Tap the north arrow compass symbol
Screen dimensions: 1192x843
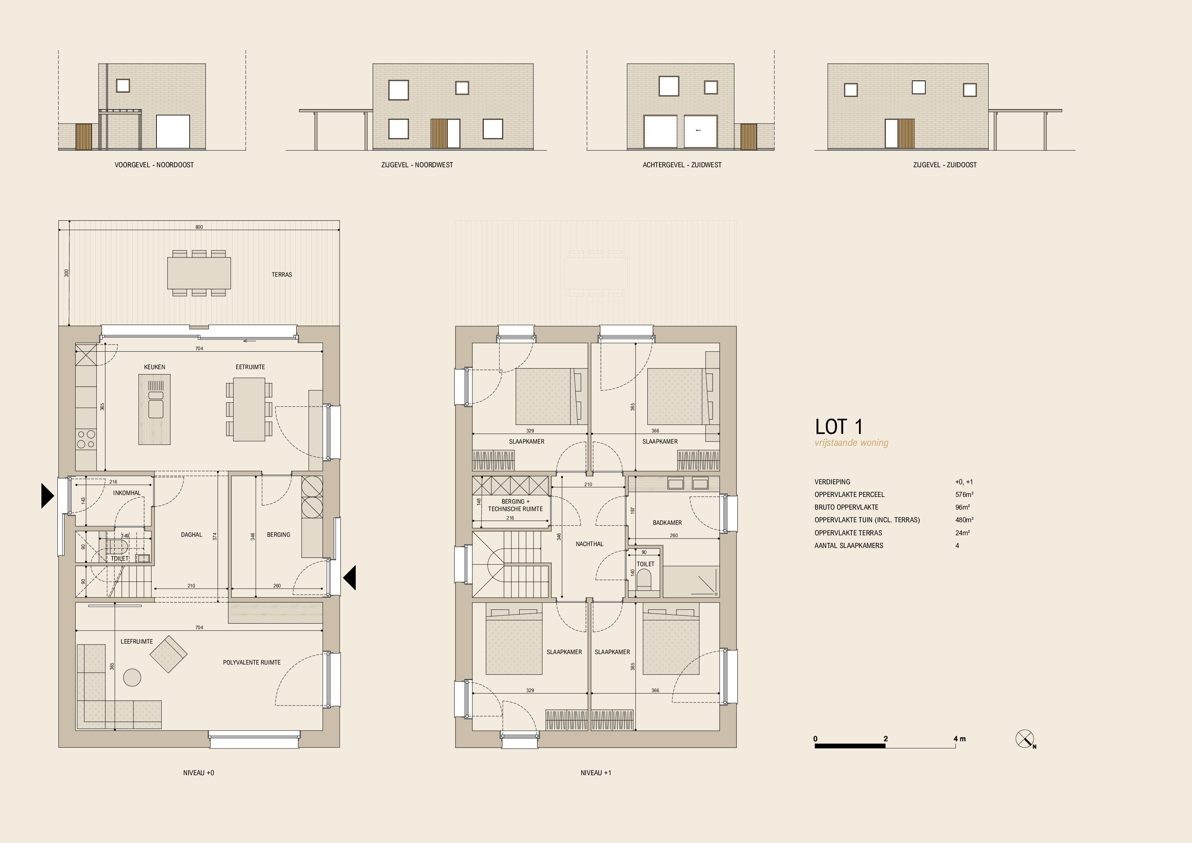[1025, 739]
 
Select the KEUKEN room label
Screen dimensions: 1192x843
[155, 367]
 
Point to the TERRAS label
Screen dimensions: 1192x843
[282, 275]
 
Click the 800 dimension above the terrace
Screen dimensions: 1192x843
[199, 227]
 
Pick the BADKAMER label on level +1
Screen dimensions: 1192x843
[667, 523]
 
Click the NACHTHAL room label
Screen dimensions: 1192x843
[589, 544]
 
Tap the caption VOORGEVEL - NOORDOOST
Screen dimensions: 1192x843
[154, 165]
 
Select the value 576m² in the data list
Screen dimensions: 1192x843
[964, 495]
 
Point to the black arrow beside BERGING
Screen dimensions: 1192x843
[349, 578]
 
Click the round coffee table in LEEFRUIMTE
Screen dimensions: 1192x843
[132, 677]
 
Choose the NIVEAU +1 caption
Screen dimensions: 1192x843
[596, 773]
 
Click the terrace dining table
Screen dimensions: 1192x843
[199, 273]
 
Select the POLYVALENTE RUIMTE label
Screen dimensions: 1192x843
[252, 662]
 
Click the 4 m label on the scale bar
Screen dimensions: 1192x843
[960, 739]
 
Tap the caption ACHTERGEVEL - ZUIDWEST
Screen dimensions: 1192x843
[682, 165]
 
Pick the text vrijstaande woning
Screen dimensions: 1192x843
[852, 443]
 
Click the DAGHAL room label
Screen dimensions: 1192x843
[191, 535]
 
